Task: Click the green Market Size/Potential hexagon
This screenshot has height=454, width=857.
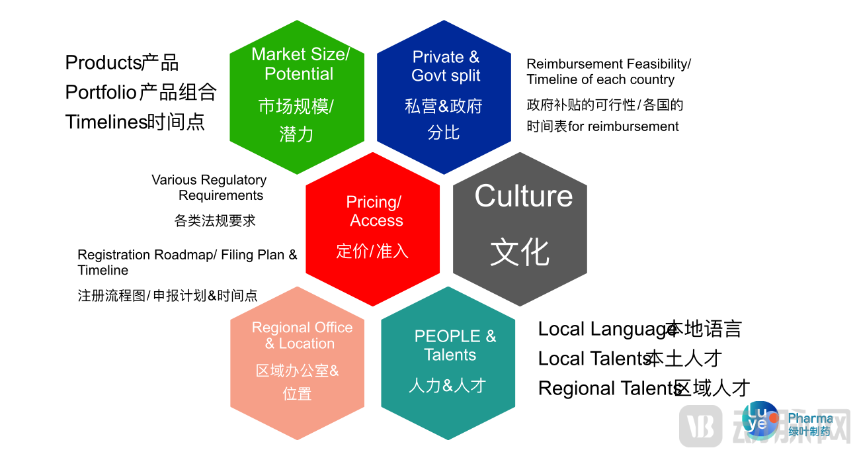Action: (297, 96)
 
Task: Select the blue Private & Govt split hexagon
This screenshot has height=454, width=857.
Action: (444, 96)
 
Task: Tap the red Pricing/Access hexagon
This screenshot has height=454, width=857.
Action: (372, 228)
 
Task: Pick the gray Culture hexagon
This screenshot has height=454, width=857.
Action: (520, 228)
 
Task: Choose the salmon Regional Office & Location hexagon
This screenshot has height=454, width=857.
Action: (297, 363)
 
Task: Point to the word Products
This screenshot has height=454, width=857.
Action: (103, 63)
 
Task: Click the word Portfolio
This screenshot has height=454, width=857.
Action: (101, 92)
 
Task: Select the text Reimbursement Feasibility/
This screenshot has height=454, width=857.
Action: (608, 64)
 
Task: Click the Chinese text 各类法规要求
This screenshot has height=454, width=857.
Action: (215, 220)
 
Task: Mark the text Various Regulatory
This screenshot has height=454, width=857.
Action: (209, 180)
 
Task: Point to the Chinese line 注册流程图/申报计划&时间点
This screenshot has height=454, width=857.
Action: (167, 296)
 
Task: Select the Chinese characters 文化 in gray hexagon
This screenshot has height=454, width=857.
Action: (520, 252)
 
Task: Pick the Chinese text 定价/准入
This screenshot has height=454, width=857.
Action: (372, 251)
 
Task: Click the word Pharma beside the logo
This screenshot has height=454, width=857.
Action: (811, 418)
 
